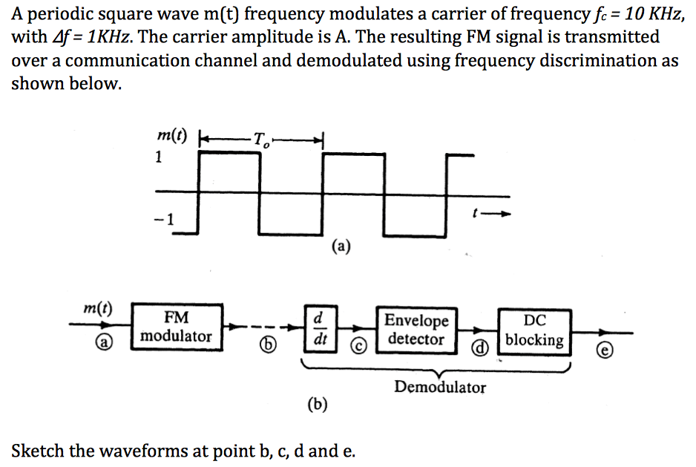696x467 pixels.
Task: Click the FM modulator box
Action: pyautogui.click(x=177, y=327)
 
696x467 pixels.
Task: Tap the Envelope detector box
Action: pyautogui.click(x=418, y=330)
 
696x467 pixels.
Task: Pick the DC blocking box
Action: pyautogui.click(x=534, y=330)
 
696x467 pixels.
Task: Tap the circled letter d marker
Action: pyautogui.click(x=481, y=347)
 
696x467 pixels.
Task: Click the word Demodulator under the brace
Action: pyautogui.click(x=440, y=387)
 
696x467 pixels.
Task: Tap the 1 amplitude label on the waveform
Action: pyautogui.click(x=158, y=157)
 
